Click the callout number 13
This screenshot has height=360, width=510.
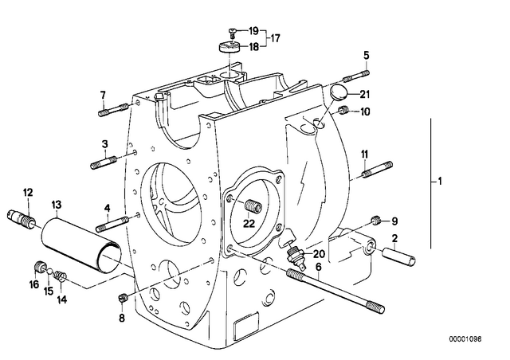[57, 205]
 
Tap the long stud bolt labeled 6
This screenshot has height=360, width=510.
[335, 291]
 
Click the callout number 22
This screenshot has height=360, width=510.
[249, 224]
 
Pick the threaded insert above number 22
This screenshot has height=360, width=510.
[253, 205]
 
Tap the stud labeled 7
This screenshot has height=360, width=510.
[113, 109]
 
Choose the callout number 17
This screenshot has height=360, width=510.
[275, 38]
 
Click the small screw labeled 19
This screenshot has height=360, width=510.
[232, 32]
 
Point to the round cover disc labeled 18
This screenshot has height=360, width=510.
[229, 47]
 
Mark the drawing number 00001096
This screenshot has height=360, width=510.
[465, 339]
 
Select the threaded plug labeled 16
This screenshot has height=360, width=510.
[40, 267]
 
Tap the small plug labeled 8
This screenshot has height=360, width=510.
[122, 298]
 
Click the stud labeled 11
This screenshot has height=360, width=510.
[378, 170]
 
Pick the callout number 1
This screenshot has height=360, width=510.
[440, 181]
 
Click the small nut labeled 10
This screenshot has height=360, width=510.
[343, 110]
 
